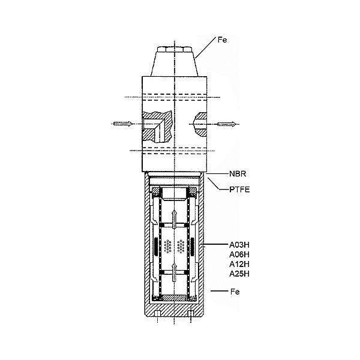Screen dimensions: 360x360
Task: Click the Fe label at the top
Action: coord(222,40)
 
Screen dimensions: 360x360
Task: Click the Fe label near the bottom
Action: coord(235,292)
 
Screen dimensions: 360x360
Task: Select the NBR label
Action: coord(238,174)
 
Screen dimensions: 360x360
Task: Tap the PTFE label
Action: coord(239,190)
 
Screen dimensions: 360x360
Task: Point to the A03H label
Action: coord(239,245)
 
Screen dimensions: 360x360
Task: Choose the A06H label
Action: coord(239,254)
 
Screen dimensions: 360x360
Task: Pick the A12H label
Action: coord(239,264)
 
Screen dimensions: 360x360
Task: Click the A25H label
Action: coord(239,274)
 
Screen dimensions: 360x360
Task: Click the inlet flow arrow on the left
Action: coord(123,124)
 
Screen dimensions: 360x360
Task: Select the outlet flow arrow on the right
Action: coord(227,124)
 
